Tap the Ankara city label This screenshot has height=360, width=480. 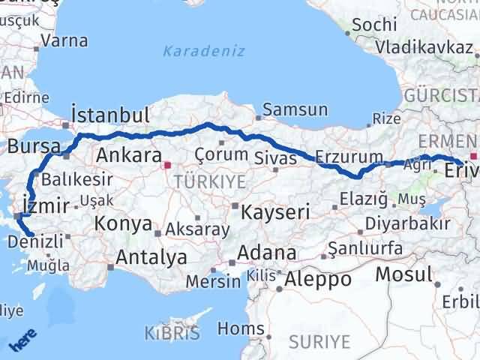click(129, 156)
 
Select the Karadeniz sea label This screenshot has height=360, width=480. click(193, 52)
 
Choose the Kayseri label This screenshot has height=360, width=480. click(275, 212)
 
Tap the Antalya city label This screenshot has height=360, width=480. click(151, 257)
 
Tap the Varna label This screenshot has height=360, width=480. click(65, 41)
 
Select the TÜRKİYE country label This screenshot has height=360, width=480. click(199, 181)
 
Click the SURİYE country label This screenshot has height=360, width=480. click(321, 341)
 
